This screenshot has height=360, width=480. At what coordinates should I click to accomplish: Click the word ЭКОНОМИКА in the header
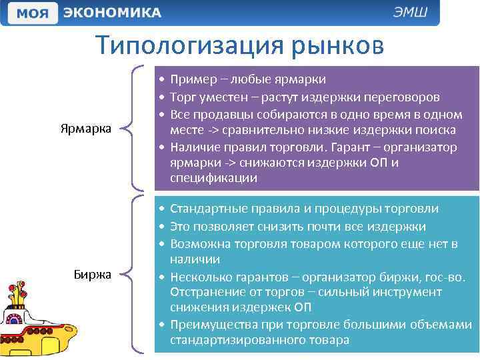coord(113,13)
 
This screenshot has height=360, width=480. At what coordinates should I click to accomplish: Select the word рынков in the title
coord(337,46)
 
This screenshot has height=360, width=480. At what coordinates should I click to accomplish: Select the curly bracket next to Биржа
coord(137,273)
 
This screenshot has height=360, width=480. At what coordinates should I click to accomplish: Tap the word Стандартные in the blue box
coord(209,209)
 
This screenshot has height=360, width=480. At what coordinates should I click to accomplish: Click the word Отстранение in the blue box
coord(207,292)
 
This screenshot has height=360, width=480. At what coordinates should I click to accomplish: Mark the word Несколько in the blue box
coord(199,276)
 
